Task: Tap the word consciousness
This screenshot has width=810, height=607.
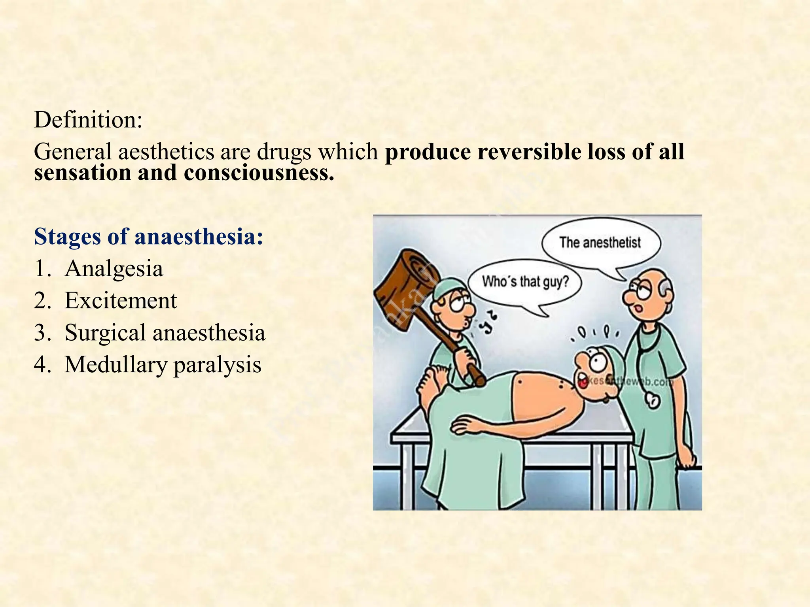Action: point(259,173)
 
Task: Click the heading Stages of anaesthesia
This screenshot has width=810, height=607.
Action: point(149,237)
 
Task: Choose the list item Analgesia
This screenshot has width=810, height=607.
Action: point(114,269)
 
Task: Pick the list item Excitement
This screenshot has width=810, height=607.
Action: point(121,300)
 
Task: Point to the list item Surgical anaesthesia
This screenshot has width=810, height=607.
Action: point(165,332)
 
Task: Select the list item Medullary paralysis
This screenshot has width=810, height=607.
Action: point(163,364)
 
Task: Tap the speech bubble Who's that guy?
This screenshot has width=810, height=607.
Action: point(525,282)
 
